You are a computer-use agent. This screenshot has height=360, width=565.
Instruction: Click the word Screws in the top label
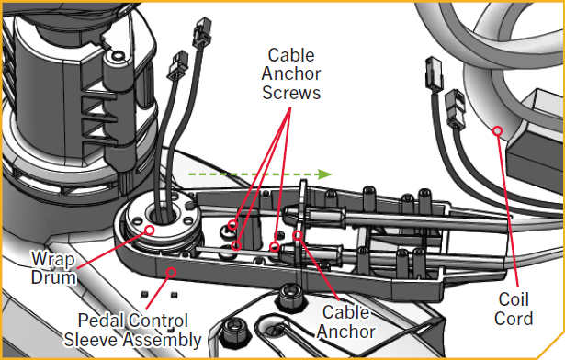tap(291, 93)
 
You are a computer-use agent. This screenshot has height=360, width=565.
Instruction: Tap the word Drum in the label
tap(53, 277)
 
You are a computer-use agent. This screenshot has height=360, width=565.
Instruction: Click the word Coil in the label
tap(514, 299)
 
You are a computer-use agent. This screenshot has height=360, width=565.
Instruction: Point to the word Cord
tap(514, 319)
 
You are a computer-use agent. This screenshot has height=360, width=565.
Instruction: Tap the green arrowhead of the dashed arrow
tap(325, 174)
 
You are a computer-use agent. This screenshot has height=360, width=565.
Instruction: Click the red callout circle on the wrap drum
tap(149, 230)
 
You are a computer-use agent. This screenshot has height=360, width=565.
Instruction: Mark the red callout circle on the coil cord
tap(498, 130)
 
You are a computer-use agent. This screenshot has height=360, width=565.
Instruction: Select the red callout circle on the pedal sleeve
tap(172, 272)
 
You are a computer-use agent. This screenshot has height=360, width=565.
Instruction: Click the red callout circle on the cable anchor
tap(298, 235)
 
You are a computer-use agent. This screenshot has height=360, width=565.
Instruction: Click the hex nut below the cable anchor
tap(291, 298)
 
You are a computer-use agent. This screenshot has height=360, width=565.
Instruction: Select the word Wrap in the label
tap(53, 259)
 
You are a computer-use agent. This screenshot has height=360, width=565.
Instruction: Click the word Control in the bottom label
tap(158, 320)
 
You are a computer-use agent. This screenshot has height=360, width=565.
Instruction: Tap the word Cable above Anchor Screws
tap(291, 55)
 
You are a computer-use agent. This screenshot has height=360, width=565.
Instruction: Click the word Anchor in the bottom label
tap(346, 332)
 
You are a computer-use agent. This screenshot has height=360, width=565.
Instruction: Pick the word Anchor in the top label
tap(291, 73)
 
